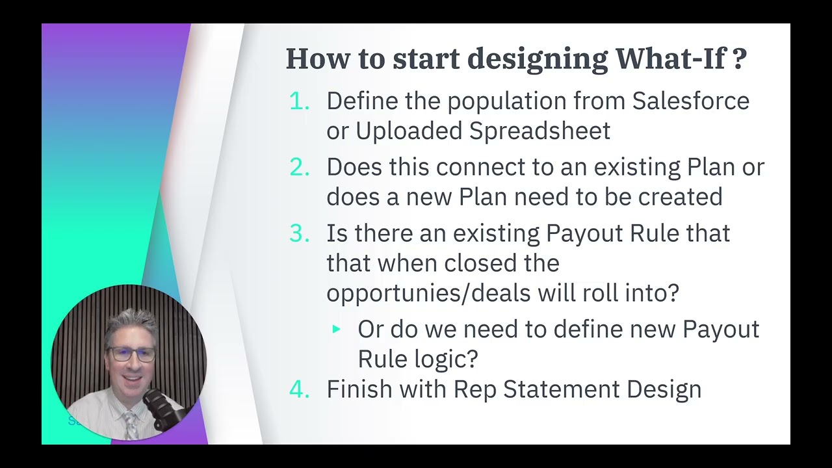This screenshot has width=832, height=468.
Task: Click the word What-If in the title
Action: pyautogui.click(x=669, y=58)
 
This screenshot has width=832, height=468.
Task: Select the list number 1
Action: pyautogui.click(x=298, y=101)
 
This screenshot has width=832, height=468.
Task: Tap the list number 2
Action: pyautogui.click(x=299, y=167)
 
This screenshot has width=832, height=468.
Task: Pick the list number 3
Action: pyautogui.click(x=299, y=233)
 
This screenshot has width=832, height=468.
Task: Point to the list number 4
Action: pyautogui.click(x=299, y=389)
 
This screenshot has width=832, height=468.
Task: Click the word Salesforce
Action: pyautogui.click(x=690, y=101)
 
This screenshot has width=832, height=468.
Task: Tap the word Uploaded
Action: pyautogui.click(x=409, y=131)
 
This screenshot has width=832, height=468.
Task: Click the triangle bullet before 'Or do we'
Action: pyautogui.click(x=336, y=330)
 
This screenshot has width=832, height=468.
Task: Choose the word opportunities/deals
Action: pyautogui.click(x=428, y=293)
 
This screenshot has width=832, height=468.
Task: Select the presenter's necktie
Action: pyautogui.click(x=130, y=426)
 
